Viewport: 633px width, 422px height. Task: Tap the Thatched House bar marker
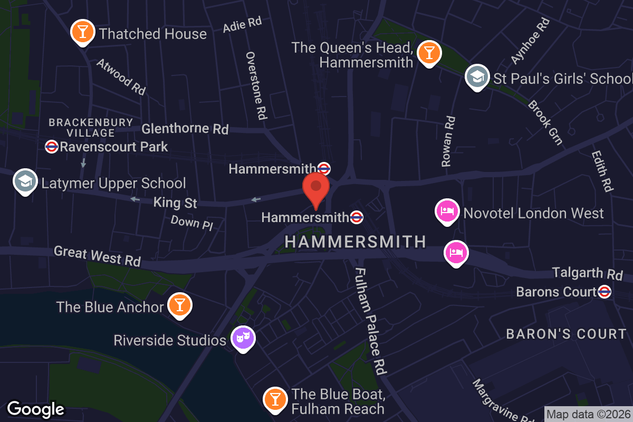[x=83, y=32]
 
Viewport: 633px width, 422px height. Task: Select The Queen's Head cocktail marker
[x=428, y=53]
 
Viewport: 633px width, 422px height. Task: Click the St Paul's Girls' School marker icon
[x=477, y=77]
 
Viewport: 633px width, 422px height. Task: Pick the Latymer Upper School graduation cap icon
[x=25, y=182]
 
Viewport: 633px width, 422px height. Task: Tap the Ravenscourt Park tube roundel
[x=52, y=147]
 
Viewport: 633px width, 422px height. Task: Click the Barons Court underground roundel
[x=605, y=291]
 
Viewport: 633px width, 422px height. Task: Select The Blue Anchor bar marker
[x=179, y=305]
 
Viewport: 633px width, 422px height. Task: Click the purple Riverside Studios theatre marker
[x=243, y=338]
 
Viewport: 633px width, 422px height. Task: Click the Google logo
[x=35, y=408]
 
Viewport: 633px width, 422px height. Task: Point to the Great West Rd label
[x=98, y=256]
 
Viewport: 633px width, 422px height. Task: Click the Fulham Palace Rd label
[x=371, y=321]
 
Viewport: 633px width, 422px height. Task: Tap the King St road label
[x=175, y=202]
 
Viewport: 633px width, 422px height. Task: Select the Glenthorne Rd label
[x=185, y=128]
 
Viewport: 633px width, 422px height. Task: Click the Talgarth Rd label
[x=588, y=273]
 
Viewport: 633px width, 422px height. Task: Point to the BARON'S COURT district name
[x=566, y=334]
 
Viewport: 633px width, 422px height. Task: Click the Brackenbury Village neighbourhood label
[x=91, y=127]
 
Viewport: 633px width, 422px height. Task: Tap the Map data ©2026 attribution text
[x=588, y=414]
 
